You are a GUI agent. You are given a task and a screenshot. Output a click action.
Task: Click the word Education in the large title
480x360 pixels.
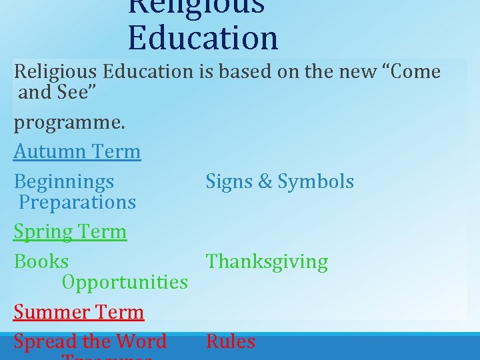click(x=203, y=38)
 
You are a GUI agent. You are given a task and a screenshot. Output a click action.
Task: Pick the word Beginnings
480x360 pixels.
click(x=64, y=182)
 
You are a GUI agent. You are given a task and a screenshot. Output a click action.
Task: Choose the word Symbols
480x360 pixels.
click(x=316, y=181)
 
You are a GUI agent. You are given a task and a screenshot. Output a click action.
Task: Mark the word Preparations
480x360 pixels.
click(x=77, y=202)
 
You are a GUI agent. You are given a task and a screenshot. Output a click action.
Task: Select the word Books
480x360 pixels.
click(x=41, y=261)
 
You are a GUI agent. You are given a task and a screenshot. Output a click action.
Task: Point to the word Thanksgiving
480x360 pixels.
click(x=267, y=262)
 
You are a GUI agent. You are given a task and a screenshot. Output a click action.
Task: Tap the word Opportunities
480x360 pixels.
click(x=125, y=282)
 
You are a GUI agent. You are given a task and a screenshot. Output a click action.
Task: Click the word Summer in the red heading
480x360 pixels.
click(x=51, y=312)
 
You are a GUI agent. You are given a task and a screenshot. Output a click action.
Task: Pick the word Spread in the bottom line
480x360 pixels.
click(x=46, y=341)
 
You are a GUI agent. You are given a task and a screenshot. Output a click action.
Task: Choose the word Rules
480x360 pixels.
click(x=231, y=341)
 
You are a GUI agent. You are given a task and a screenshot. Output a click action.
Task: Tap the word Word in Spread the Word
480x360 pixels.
click(x=140, y=341)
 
